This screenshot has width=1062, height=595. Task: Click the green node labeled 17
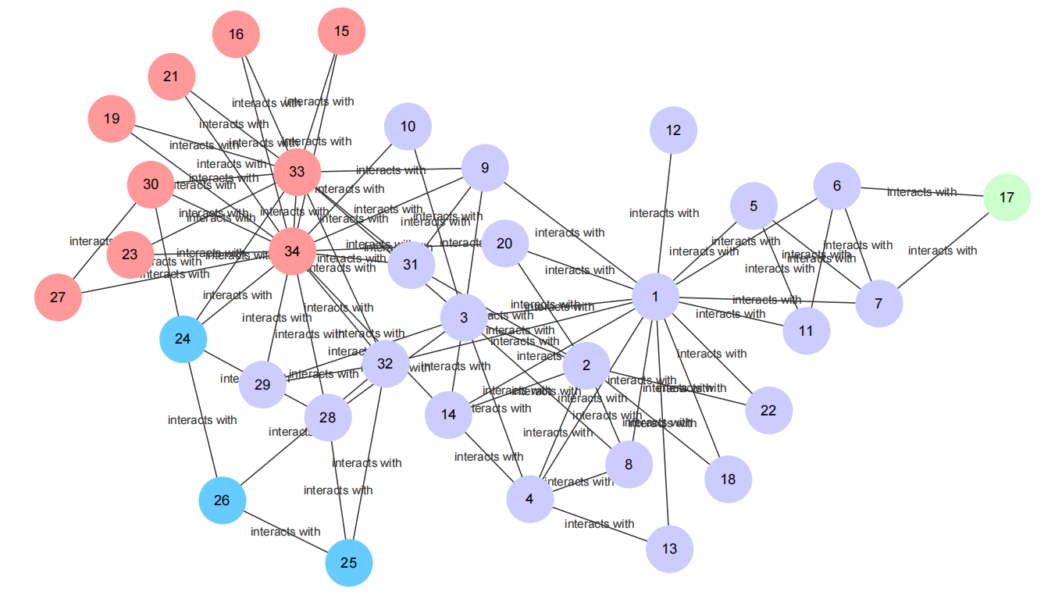1007,198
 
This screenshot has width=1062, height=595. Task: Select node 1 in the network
655,297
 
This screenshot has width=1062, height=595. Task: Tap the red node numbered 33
298,172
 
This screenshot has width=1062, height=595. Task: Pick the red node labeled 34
292,251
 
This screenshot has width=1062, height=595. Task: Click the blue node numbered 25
349,563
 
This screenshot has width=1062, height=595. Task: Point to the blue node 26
223,500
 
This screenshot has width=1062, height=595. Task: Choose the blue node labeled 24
183,339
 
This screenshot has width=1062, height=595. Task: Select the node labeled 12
673,130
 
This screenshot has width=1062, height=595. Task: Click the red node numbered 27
59,297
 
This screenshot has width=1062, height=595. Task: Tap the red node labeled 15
342,31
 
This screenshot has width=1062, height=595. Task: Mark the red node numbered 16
236,34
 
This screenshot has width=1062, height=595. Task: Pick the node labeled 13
669,549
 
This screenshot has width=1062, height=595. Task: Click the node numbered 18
728,479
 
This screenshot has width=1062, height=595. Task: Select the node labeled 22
768,411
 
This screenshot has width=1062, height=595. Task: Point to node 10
408,126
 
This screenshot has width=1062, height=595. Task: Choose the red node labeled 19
112,119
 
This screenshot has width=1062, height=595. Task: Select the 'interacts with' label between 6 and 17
921,192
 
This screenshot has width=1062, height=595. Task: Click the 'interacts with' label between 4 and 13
599,524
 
